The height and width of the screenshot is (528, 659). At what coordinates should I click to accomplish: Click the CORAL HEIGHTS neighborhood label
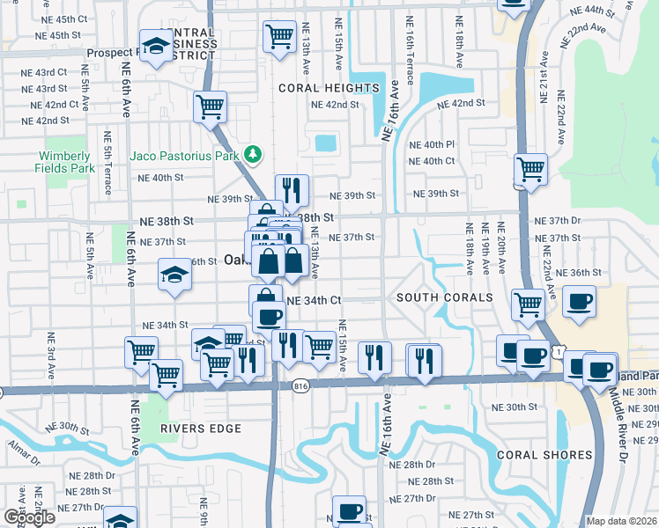pos(329,88)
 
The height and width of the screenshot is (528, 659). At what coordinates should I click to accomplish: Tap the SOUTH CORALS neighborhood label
pos(444,297)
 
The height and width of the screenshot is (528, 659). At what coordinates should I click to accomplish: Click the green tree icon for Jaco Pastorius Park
pos(254,156)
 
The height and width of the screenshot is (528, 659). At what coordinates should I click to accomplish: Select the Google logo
pos(29,517)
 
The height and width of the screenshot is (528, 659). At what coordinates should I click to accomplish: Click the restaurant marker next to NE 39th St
pos(292,190)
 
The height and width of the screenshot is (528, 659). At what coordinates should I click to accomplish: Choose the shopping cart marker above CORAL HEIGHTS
pos(279,37)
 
